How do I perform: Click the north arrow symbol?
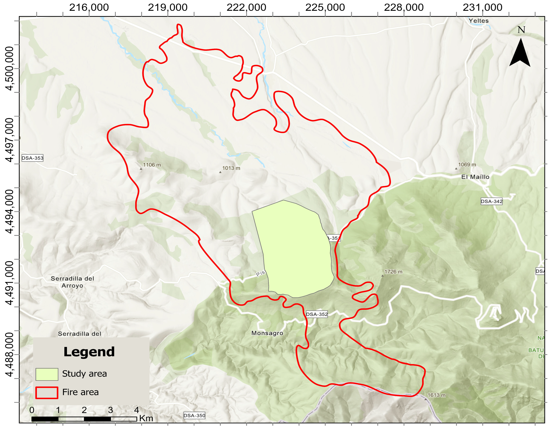[x=520, y=53]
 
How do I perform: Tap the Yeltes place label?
[x=479, y=21]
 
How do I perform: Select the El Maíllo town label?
[x=475, y=177]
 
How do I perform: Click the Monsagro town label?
[x=267, y=333]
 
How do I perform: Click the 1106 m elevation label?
[x=152, y=165]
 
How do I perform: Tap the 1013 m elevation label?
[x=231, y=168]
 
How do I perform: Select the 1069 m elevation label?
[x=467, y=164]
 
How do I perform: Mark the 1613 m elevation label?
[x=437, y=395]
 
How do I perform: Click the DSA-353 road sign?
[x=32, y=158]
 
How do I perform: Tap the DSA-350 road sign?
[x=194, y=415]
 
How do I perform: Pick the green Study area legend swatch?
[x=47, y=374]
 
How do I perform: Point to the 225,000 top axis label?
[x=325, y=8]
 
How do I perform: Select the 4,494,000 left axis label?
[x=10, y=212]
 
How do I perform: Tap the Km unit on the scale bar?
[x=146, y=418]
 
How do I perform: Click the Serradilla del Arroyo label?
[x=72, y=282]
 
